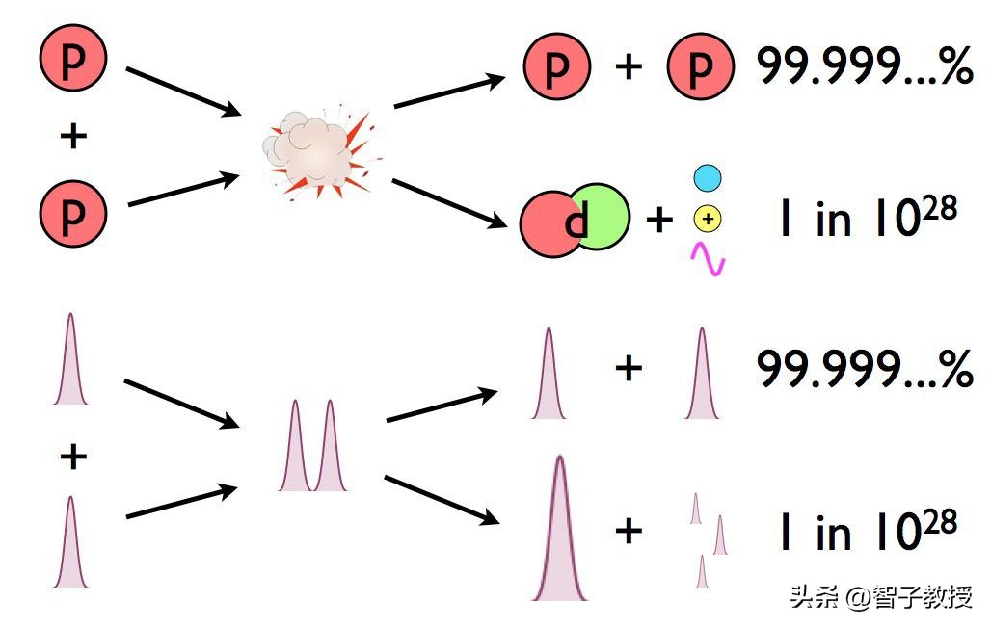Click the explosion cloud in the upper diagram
[314, 150]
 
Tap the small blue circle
[708, 178]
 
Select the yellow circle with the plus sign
[708, 220]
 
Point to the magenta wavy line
[709, 258]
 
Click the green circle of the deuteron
[603, 216]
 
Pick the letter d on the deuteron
[576, 223]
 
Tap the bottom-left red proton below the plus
[72, 213]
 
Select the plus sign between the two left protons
[72, 136]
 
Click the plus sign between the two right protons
[628, 67]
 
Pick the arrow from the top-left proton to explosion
[182, 91]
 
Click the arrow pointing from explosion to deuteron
[449, 203]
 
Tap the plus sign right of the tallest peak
[628, 530]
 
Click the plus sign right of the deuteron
[659, 221]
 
